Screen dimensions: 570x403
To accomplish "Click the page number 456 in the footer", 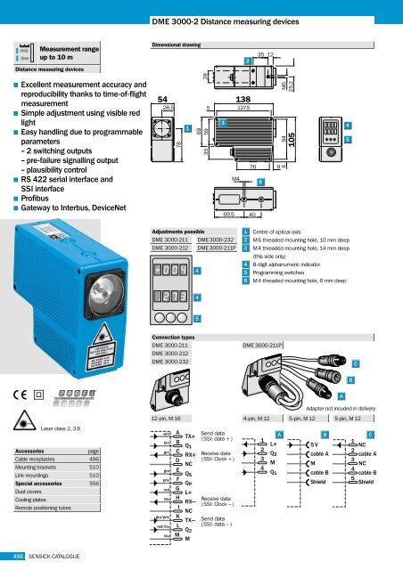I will click(x=17, y=558).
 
